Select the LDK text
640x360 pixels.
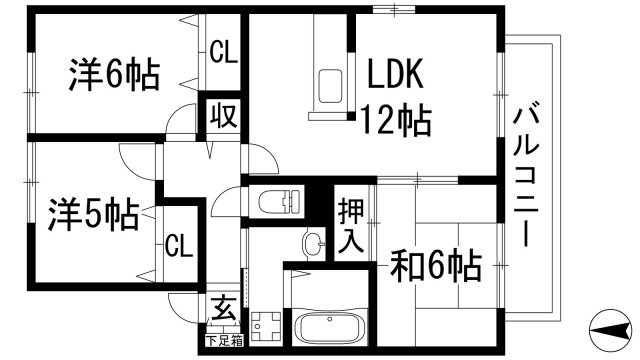pyautogui.click(x=397, y=75)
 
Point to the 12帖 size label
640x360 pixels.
pyautogui.click(x=397, y=121)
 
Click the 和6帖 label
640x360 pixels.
pyautogui.click(x=437, y=266)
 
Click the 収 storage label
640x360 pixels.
pyautogui.click(x=222, y=116)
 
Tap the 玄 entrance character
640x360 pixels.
pyautogui.click(x=223, y=310)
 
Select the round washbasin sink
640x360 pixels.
pyautogui.click(x=314, y=242)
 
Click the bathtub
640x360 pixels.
pyautogui.click(x=334, y=328)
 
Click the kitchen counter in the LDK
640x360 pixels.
pyautogui.click(x=327, y=70)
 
